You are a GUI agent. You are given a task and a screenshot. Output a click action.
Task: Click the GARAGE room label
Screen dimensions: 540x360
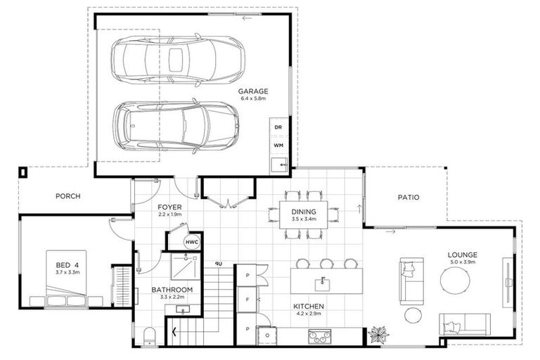click(x=253, y=91)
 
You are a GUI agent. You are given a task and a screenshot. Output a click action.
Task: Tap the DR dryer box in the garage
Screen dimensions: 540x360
click(x=278, y=127)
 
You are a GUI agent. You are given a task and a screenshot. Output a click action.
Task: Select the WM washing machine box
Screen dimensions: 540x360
click(x=278, y=146)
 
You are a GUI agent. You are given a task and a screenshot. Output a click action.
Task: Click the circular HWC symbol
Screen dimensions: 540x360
click(x=192, y=242)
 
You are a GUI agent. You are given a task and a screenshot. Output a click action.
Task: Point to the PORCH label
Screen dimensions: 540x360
click(x=67, y=196)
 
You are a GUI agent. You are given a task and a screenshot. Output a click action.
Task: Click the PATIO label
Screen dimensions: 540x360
click(x=409, y=198)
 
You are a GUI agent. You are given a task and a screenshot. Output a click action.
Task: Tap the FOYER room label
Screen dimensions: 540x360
click(x=169, y=207)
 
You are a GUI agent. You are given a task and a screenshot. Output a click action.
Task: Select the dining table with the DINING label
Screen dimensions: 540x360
click(x=304, y=214)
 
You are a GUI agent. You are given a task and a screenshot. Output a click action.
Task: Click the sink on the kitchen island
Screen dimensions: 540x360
click(x=323, y=285)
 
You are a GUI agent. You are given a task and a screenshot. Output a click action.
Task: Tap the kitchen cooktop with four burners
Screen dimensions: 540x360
click(x=320, y=336)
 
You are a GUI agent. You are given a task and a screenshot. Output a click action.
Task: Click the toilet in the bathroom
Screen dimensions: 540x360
click(x=150, y=337)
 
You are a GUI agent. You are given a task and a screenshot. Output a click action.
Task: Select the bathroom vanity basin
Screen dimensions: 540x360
click(x=183, y=309)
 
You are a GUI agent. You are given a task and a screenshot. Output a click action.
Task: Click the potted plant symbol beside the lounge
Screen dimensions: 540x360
click(x=378, y=334)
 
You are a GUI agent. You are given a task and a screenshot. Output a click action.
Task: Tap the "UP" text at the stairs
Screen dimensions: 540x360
click(x=219, y=264)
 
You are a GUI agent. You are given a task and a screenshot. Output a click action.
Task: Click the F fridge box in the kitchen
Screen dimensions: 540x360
click(x=247, y=300)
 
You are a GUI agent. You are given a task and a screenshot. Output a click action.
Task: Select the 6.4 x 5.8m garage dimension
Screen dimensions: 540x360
click(x=253, y=98)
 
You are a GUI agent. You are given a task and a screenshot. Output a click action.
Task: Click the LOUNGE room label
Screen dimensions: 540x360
click(x=462, y=255)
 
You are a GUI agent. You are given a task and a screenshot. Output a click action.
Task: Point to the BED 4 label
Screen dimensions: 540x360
click(x=67, y=265)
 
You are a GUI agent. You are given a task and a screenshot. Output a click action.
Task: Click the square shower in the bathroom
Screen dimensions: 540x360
click(x=186, y=267)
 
